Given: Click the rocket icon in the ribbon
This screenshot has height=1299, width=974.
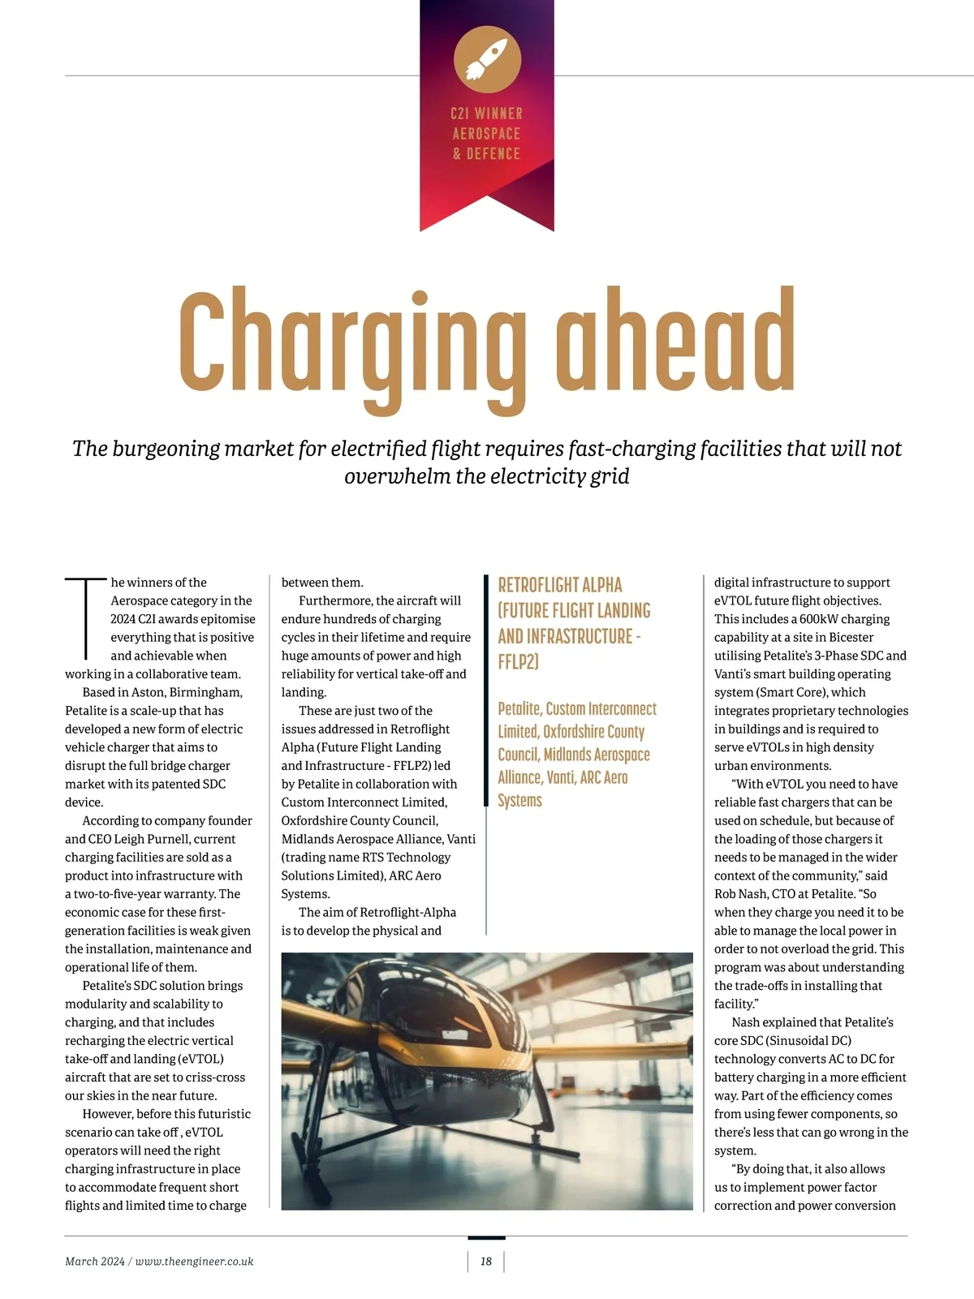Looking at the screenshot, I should pos(487,59).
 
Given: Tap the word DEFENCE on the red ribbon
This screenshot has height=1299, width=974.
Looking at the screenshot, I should pos(493,153).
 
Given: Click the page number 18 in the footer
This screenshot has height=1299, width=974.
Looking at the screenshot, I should pos(486,1261).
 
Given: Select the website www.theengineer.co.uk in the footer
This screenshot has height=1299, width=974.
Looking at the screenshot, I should pos(194,1261).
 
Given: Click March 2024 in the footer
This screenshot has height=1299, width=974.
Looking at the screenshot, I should pos(94,1261).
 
